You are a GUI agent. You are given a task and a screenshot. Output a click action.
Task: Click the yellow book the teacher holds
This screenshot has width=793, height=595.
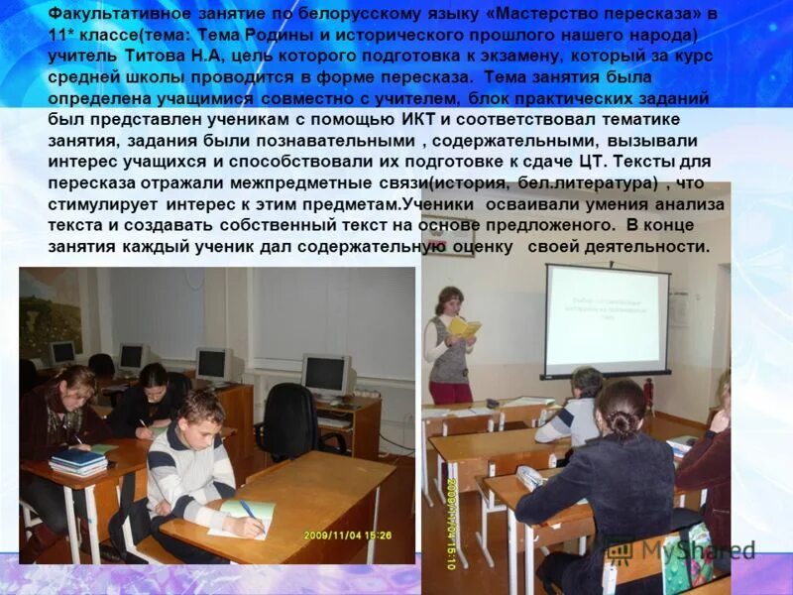(463, 325)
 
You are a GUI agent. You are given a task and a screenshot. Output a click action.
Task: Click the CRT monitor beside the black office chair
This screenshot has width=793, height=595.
(326, 374)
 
